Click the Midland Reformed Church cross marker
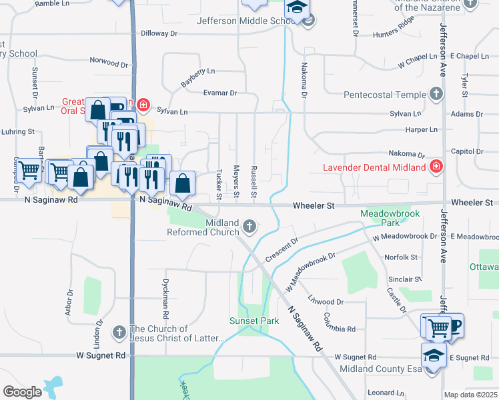point(249,227)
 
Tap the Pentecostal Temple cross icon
point(436,94)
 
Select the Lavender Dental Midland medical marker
point(436,166)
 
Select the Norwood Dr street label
point(109,63)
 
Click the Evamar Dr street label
point(220,93)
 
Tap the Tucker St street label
point(219,184)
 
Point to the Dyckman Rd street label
point(165,296)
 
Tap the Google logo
point(22,392)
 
